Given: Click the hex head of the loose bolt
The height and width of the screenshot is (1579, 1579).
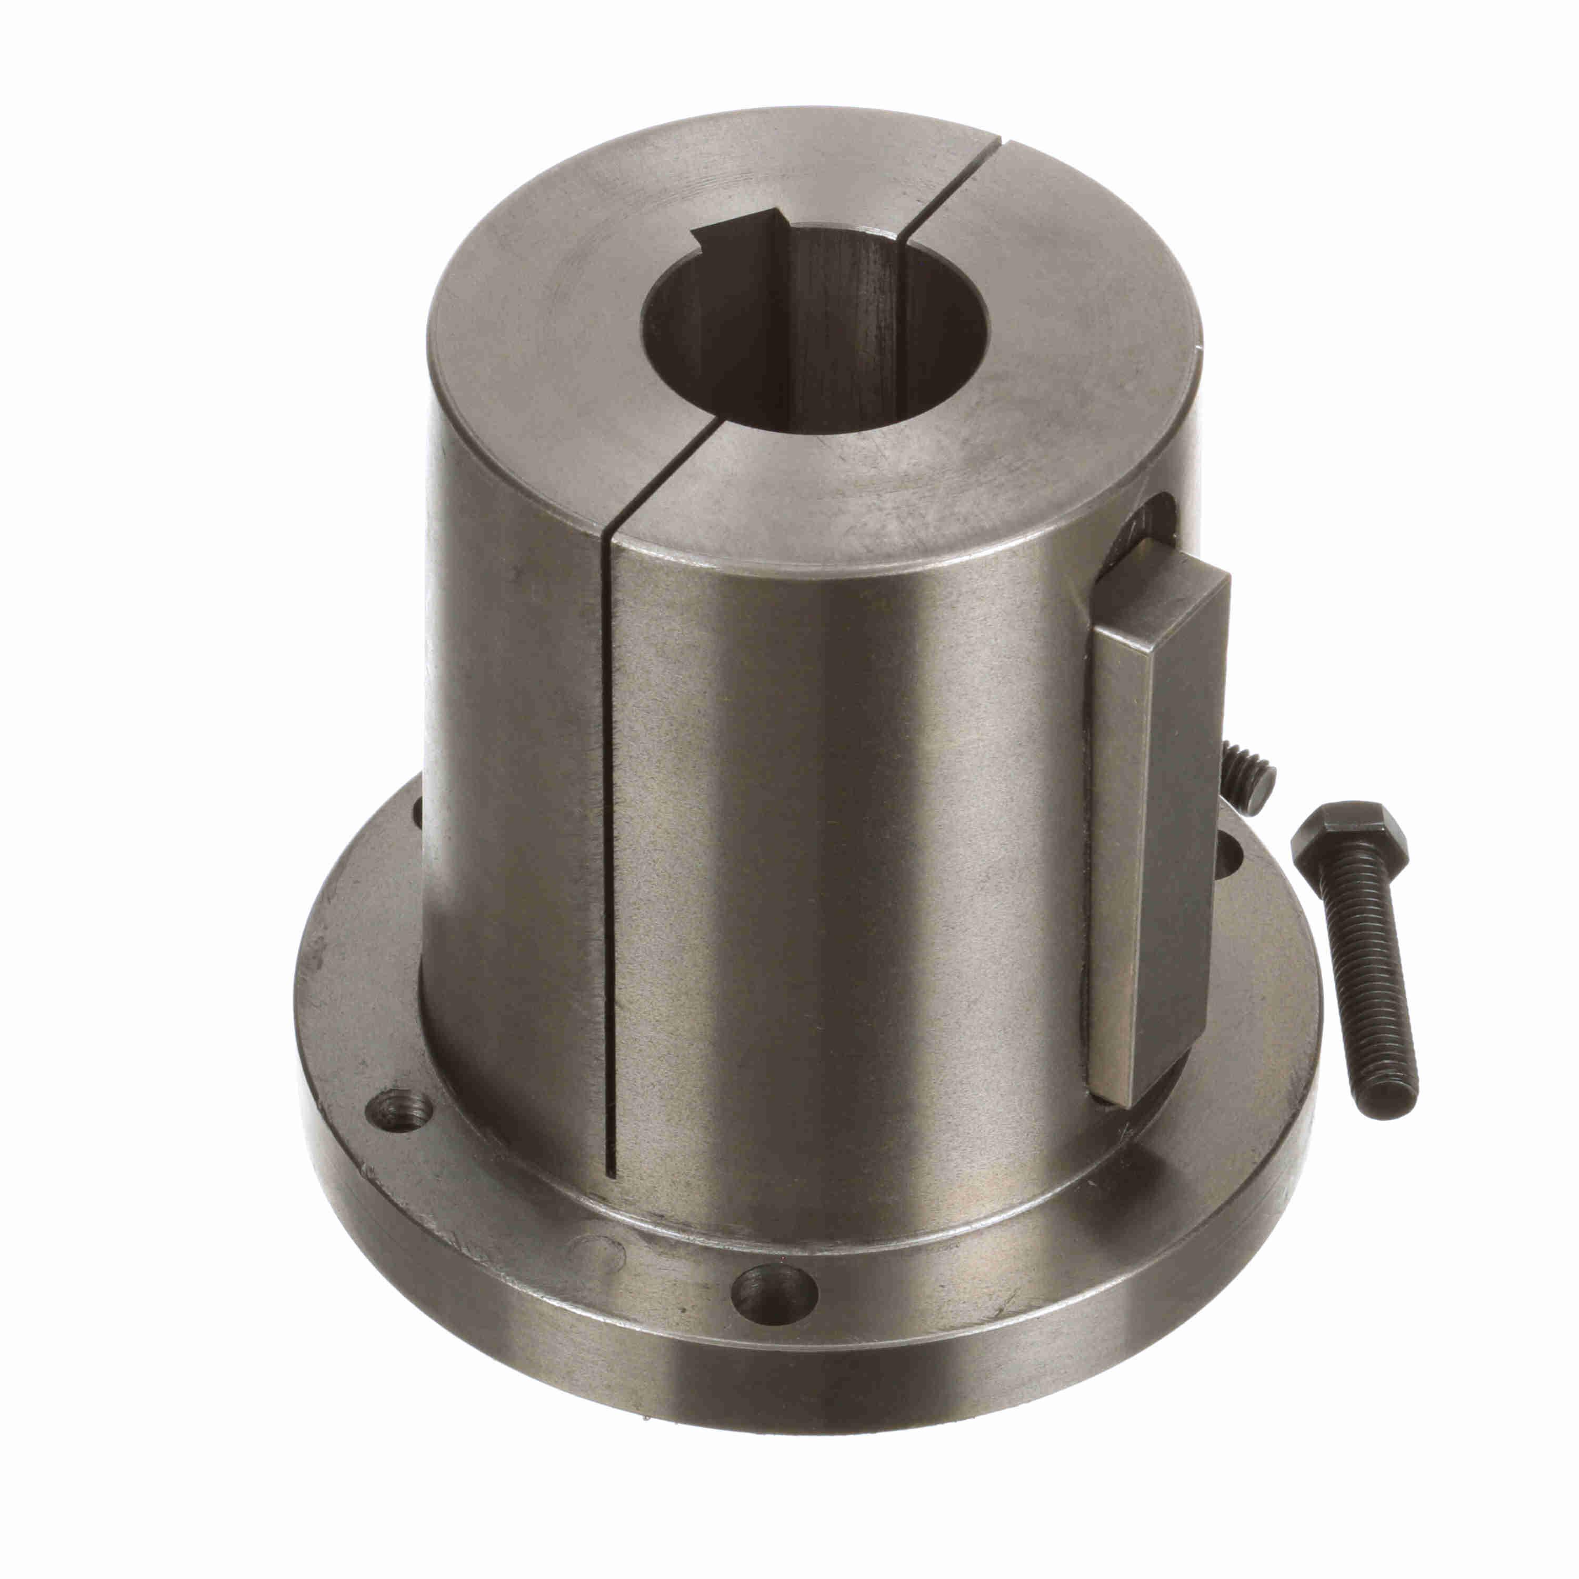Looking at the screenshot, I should [1348, 834].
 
